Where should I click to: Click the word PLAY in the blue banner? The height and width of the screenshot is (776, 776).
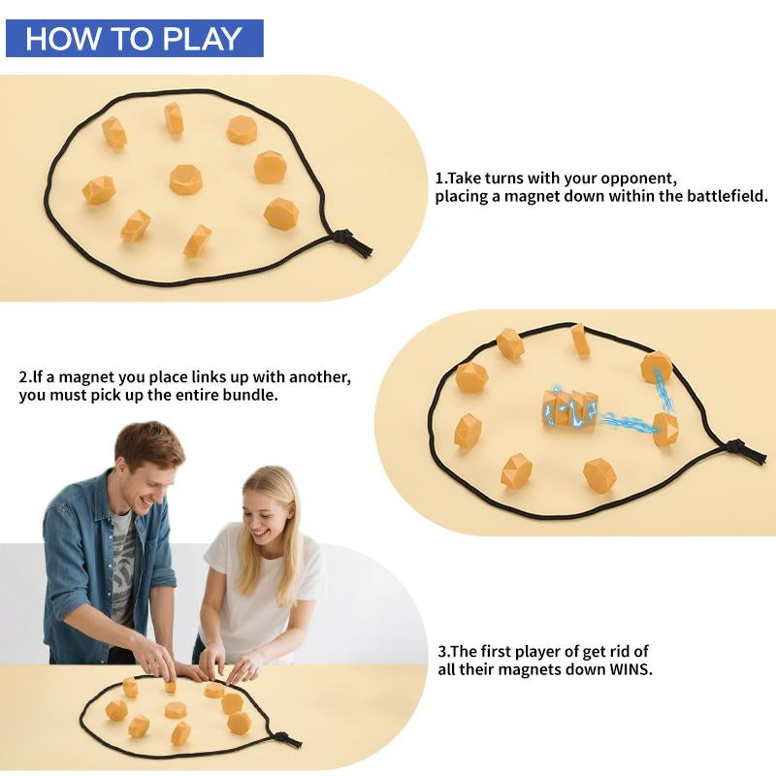pos(203,39)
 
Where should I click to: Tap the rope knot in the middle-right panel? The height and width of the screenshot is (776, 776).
pos(742,449)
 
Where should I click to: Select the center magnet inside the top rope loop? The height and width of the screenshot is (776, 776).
pos(185,179)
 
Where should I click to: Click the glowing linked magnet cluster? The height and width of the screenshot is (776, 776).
pos(569,409)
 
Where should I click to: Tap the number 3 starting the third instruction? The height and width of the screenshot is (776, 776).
pos(442,651)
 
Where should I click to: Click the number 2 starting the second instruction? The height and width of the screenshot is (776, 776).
pos(23,377)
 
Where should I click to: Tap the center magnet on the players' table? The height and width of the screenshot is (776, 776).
pos(176,710)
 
